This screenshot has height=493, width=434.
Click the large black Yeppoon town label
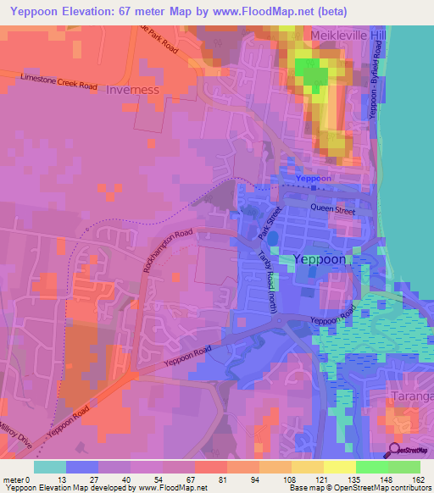[319, 260]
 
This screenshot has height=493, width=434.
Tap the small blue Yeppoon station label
[314, 180]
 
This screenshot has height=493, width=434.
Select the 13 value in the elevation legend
[67, 479]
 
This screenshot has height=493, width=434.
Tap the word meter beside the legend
[14, 479]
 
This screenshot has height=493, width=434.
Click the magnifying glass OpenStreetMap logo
[394, 450]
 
